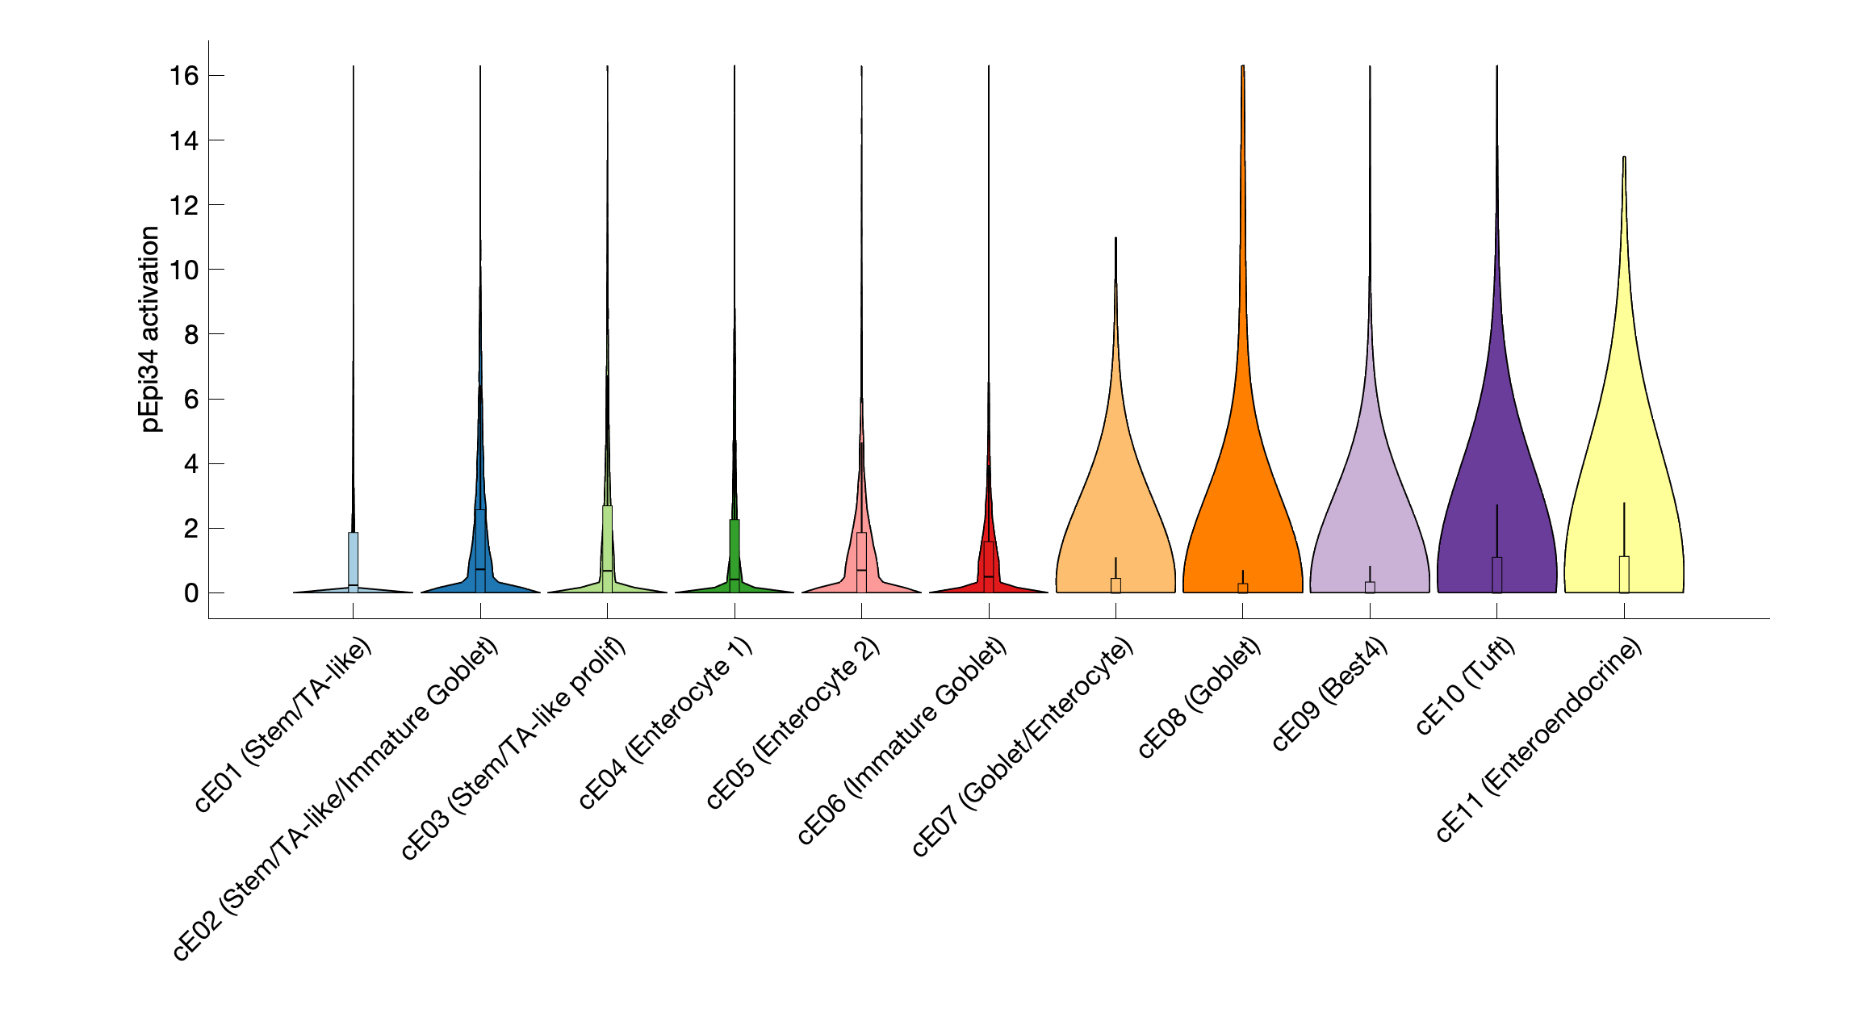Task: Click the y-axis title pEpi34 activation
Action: coord(150,329)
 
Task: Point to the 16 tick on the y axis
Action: coord(183,76)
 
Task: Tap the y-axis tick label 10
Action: coord(183,270)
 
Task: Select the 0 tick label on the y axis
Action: coord(190,593)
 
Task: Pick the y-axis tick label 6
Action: coord(190,400)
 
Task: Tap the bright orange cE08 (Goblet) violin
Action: coord(1242,484)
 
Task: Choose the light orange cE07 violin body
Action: coord(1115,500)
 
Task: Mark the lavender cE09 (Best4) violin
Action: coord(1370,500)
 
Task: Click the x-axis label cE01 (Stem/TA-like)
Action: coord(284,724)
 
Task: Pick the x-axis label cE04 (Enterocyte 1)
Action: coord(666,722)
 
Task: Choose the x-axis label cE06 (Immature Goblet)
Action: coord(902,740)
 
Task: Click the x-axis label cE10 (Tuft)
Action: coord(1465,686)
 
